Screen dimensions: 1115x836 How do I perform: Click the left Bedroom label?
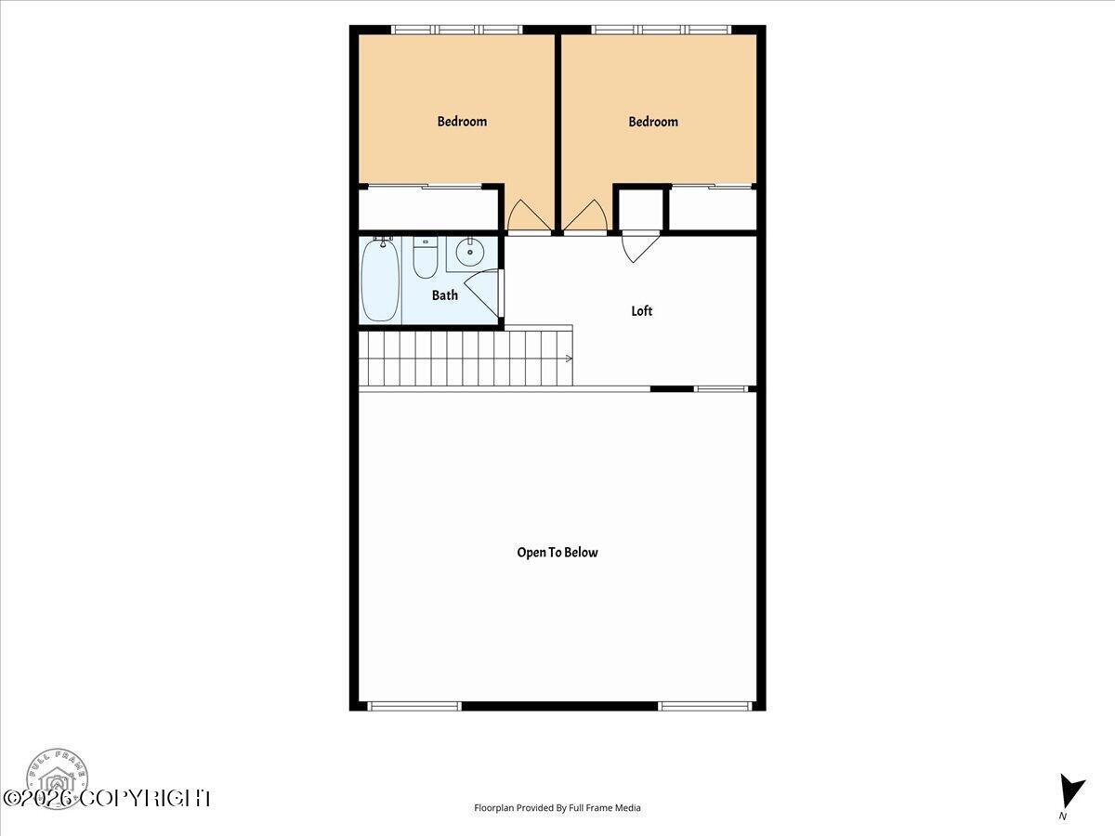click(462, 122)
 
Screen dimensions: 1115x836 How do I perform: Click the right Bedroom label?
click(653, 122)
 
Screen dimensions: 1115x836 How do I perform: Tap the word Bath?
click(444, 294)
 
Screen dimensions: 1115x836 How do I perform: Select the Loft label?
click(641, 310)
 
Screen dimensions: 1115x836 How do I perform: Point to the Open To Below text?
click(557, 553)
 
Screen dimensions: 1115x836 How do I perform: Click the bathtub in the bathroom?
click(380, 280)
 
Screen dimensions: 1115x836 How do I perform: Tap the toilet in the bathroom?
click(426, 257)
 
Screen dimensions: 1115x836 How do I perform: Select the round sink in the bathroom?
click(469, 252)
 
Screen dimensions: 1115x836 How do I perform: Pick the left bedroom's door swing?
click(529, 216)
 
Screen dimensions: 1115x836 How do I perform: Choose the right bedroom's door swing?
click(585, 216)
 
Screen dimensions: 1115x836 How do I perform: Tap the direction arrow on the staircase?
click(569, 359)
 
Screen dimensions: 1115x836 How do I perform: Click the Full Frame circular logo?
click(57, 778)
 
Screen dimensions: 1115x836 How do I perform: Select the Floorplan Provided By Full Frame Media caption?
click(557, 807)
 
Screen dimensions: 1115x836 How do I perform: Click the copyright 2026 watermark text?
click(107, 799)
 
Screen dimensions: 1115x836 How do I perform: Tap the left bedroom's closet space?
click(427, 209)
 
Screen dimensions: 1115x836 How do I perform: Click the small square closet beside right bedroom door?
click(640, 210)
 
